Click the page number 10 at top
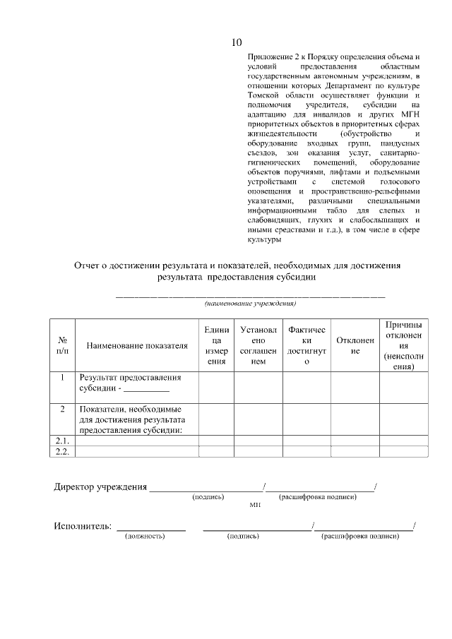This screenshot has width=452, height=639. point(237,42)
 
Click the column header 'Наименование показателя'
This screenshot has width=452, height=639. point(137,345)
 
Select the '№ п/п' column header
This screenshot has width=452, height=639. point(62,345)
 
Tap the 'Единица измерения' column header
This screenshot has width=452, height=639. point(216,345)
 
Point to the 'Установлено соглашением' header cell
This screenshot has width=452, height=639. point(258,345)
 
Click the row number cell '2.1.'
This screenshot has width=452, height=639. point(62,441)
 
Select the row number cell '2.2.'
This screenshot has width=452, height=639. point(62,452)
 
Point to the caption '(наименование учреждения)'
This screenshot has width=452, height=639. point(251,304)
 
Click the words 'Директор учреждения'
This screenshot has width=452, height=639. point(101,486)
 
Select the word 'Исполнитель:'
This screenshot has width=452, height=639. point(83,526)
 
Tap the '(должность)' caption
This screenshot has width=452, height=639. point(145,537)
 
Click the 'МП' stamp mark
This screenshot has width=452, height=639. point(255,506)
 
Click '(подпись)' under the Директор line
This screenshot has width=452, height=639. point(208,497)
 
